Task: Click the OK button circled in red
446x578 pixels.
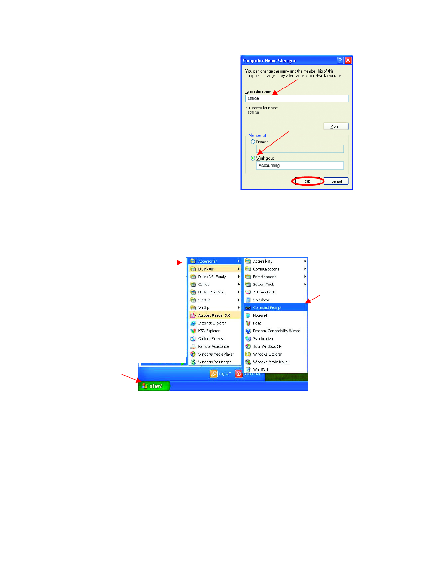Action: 308,181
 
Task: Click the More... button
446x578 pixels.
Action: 336,126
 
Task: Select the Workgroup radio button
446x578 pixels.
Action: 253,158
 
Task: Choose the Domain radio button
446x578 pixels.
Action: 253,142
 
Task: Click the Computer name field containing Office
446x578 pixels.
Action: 297,98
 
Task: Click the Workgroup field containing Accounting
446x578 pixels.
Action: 299,166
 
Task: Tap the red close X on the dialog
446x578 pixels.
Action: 348,60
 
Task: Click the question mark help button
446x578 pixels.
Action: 340,60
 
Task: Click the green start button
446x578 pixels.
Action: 153,386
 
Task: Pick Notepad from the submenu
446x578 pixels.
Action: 260,315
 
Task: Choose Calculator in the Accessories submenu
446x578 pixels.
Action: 261,300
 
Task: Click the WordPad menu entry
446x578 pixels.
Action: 260,370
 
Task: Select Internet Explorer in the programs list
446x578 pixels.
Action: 212,323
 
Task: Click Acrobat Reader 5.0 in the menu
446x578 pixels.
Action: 214,315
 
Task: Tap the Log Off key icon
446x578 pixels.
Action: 214,373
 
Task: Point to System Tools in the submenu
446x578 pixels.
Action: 264,285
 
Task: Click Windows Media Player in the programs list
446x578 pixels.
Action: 216,354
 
